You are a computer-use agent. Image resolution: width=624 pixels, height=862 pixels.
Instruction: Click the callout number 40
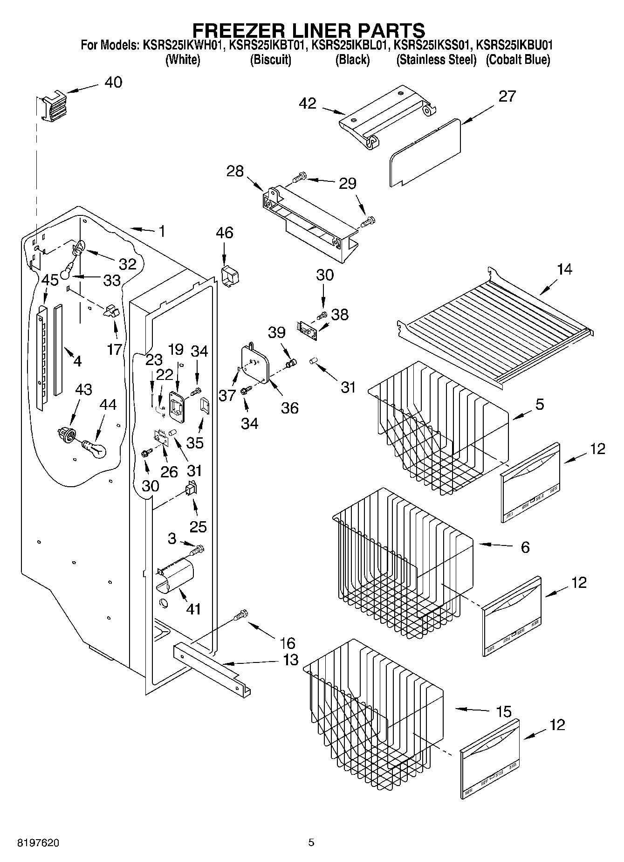[x=113, y=83]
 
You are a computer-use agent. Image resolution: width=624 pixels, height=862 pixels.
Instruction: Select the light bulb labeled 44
[x=95, y=449]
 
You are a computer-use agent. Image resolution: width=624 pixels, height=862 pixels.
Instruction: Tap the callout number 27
[x=507, y=96]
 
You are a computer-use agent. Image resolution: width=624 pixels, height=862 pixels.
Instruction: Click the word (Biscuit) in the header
[x=271, y=60]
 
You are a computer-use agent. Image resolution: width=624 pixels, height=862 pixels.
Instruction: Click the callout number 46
[x=225, y=233]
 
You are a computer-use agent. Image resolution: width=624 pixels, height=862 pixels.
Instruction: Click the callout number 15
[x=503, y=711]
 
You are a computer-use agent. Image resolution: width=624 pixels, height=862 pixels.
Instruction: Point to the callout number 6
[x=525, y=547]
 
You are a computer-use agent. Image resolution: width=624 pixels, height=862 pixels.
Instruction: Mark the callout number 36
[x=289, y=408]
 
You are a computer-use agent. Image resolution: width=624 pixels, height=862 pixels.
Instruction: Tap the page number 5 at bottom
[x=311, y=842]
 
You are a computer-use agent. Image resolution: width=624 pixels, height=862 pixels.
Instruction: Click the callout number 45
[x=50, y=280]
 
